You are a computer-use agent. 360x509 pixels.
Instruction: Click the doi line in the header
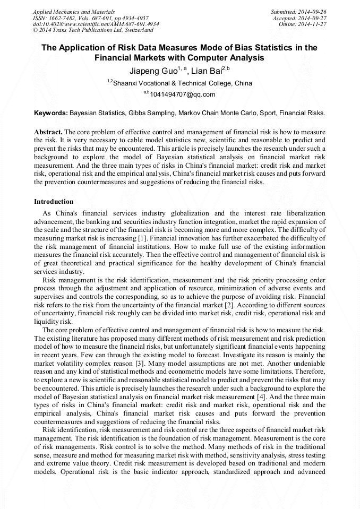(96, 24)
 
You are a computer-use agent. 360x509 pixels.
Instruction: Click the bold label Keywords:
(51, 113)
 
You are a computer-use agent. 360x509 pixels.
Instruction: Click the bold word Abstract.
(48, 131)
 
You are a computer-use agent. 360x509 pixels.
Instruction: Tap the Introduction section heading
(54, 202)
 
